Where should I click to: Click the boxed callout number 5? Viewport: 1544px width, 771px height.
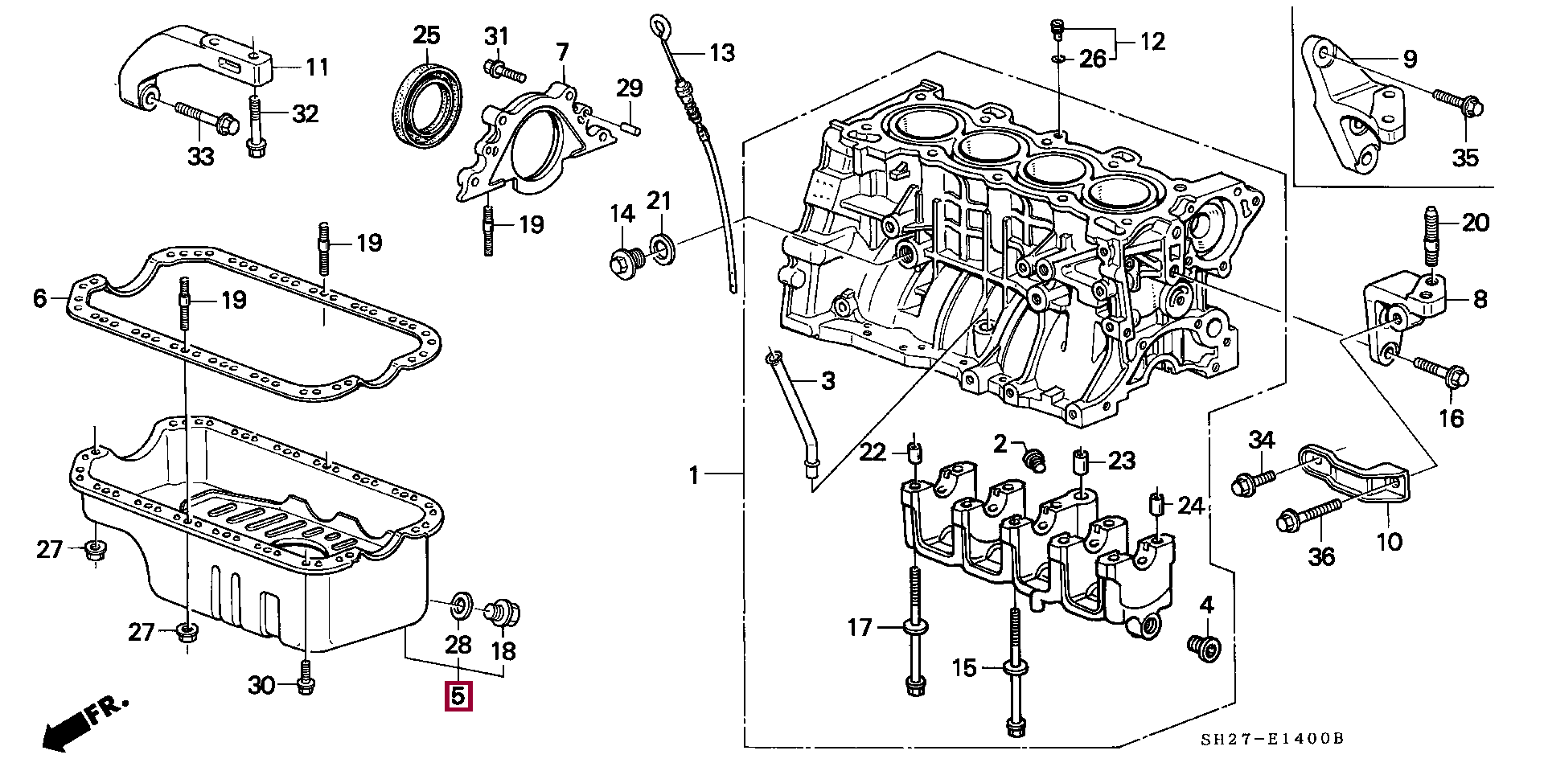tap(458, 696)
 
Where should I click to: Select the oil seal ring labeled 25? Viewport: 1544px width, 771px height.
tap(427, 105)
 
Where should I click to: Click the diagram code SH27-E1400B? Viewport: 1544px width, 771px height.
tap(1272, 739)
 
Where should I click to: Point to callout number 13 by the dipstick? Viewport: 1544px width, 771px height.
tap(721, 53)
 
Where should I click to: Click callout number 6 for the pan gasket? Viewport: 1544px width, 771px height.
tap(40, 299)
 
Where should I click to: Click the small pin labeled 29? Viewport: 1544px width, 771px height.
tap(630, 125)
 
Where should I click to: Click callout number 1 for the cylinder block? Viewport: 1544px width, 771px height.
tap(695, 476)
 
